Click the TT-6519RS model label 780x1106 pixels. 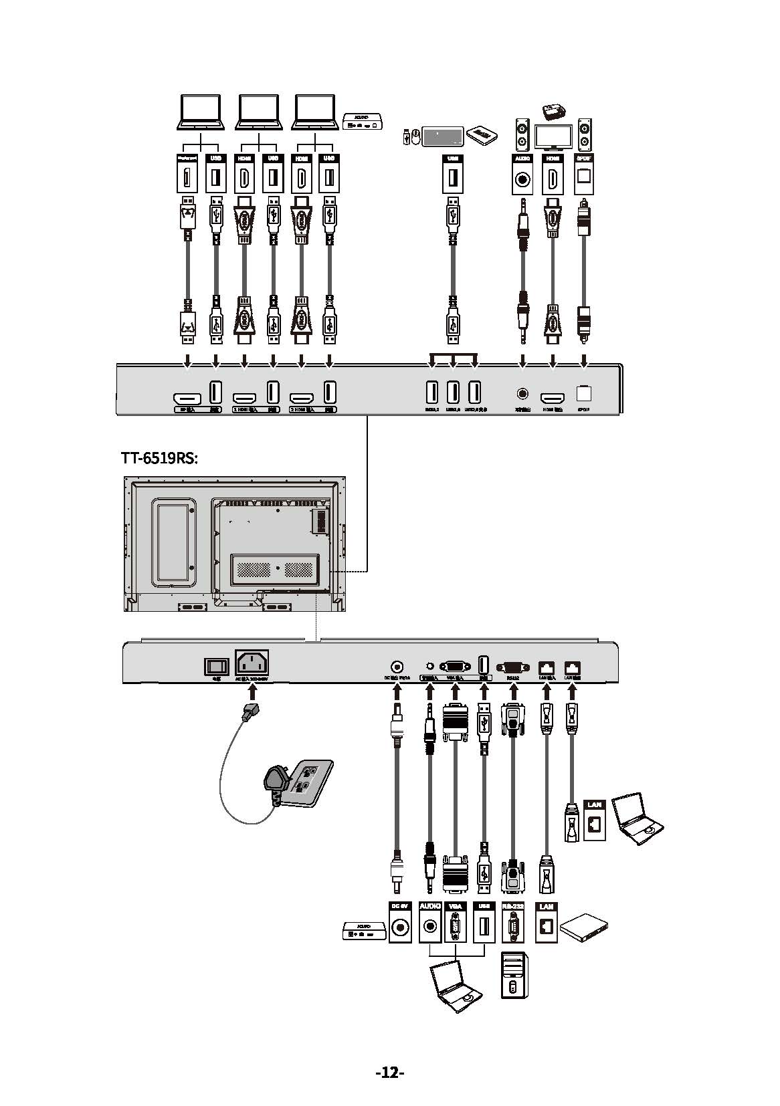159,458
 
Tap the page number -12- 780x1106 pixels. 390,1073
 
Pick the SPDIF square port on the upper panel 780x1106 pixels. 584,395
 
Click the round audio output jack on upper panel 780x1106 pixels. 522,395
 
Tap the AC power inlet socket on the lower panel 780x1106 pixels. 252,663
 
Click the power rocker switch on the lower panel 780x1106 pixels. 216,666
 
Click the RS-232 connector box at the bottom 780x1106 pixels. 512,923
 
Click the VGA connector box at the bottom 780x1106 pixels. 456,923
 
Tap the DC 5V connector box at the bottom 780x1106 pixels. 400,923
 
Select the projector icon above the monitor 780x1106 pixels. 553,112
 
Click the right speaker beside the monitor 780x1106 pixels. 585,134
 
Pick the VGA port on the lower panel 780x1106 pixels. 455,667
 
